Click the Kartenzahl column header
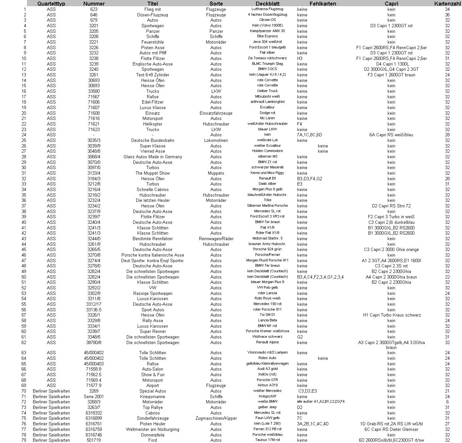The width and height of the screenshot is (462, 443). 447,4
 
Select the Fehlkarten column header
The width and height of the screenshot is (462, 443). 323,4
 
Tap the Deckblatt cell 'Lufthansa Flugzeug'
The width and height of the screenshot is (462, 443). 267,9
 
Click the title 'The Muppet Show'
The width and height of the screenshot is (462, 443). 153,173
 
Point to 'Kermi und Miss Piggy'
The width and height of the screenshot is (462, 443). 267,173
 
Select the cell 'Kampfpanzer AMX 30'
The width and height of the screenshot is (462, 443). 267,31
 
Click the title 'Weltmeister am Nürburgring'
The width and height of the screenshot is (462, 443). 153,429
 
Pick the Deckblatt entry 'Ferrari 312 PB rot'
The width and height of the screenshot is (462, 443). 267,429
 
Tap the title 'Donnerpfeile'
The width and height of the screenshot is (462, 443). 153,435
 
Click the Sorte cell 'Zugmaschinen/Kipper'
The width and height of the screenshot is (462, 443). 216,418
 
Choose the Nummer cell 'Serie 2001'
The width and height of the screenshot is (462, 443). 94,396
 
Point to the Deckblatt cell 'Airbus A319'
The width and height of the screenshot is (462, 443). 267,385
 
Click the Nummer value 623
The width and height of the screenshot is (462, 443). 94,9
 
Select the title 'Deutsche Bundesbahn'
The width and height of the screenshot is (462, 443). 153,140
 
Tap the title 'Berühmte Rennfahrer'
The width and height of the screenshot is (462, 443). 153,239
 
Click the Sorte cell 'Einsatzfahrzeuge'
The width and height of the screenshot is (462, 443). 216,113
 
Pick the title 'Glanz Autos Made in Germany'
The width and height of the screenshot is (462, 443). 153,157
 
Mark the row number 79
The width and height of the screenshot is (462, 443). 24,440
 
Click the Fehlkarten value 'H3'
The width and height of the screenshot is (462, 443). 300,58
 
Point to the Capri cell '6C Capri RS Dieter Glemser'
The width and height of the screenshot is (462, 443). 391,429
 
